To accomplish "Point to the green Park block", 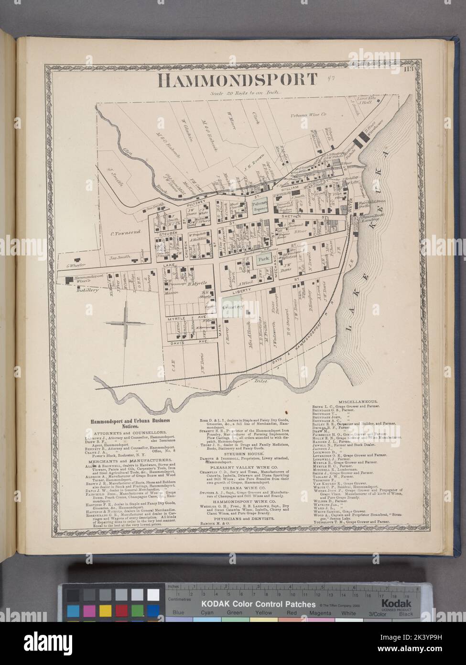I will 262,259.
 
